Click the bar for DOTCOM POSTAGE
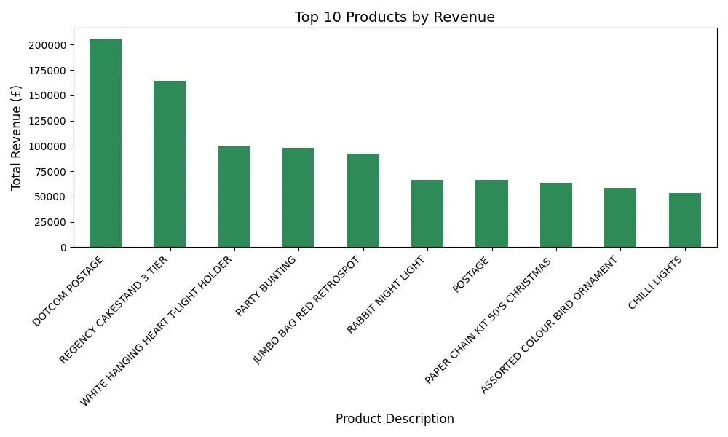(106, 143)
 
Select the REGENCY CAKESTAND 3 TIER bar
(170, 164)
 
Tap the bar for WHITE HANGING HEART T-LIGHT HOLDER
(234, 197)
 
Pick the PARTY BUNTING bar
(298, 197)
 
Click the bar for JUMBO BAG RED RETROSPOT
(363, 200)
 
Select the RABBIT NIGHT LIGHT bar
(427, 213)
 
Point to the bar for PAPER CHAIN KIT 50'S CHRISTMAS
(556, 215)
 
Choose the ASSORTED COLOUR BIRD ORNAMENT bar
(620, 218)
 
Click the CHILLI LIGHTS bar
(685, 220)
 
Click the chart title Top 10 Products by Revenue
(394, 17)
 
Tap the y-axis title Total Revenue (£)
(16, 138)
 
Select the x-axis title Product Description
(395, 419)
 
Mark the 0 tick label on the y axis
(64, 248)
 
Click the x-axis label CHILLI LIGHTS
(656, 283)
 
